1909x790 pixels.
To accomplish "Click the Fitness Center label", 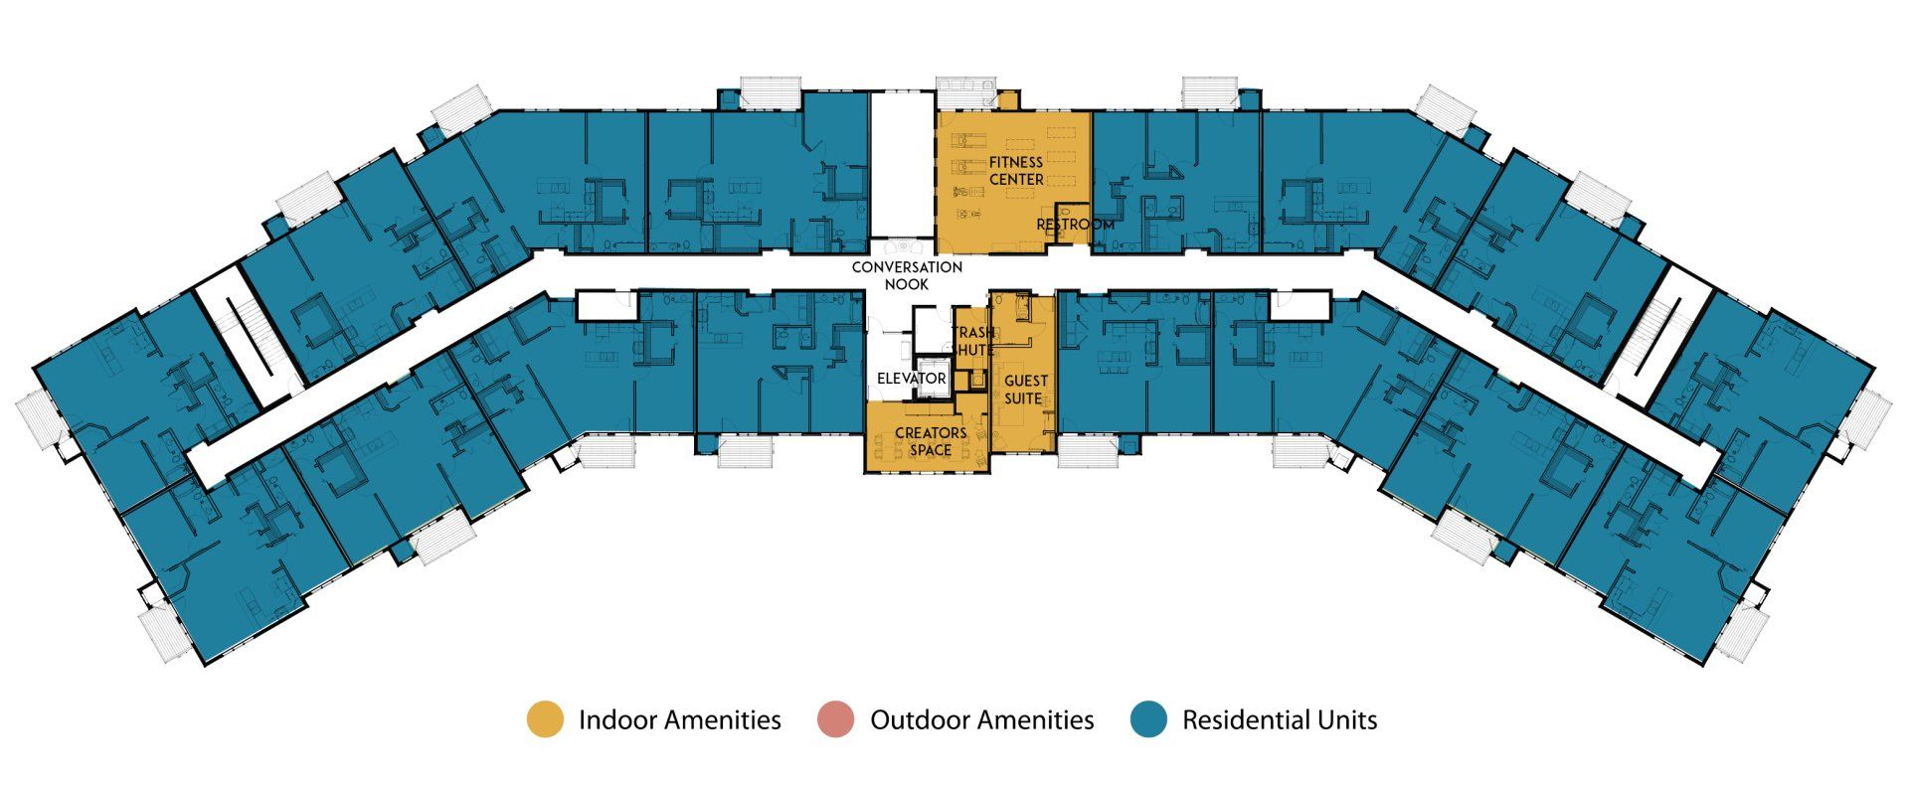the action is tap(1016, 171).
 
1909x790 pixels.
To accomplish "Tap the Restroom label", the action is tap(1075, 226).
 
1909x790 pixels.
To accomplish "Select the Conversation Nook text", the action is tap(907, 275).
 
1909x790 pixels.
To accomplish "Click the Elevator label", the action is tap(911, 379).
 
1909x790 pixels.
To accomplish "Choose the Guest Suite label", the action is tap(1023, 390).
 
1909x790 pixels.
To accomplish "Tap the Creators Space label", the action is tap(931, 441).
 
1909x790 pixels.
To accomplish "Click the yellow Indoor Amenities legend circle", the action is tap(545, 719).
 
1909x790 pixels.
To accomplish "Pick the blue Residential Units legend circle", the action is tap(1149, 719).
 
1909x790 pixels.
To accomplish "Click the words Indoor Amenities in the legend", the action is tap(680, 720).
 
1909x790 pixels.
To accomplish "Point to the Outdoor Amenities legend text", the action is tap(982, 720).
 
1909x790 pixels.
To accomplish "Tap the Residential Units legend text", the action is tap(1280, 720).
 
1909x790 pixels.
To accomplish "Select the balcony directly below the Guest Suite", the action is tap(1088, 452).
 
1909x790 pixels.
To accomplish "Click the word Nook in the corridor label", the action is tap(907, 284).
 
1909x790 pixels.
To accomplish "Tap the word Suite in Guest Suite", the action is tap(1023, 398).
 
